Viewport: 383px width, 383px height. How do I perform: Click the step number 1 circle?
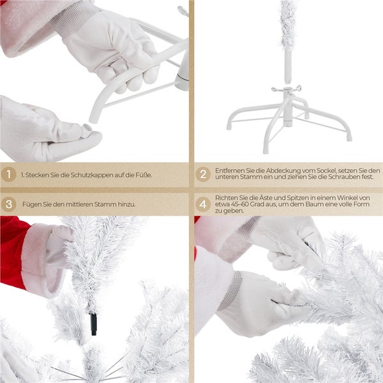coord(8,174)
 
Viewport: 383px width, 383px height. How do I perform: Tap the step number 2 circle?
coord(203,174)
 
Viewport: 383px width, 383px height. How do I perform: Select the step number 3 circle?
coord(8,204)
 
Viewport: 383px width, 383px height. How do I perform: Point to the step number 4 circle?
coord(203,204)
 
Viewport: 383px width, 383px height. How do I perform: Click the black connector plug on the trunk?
coord(94,324)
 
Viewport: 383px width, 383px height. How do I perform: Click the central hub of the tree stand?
coord(288,107)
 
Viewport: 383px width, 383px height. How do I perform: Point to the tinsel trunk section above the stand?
coord(287,26)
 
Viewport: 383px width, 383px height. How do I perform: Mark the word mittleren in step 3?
coord(79,204)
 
